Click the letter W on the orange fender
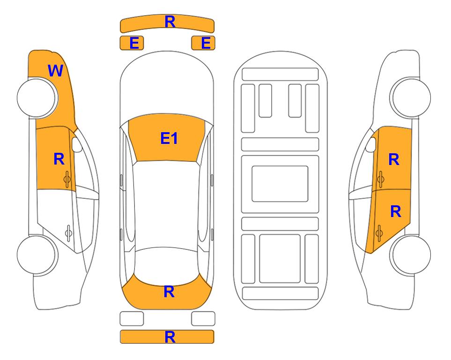[56, 71]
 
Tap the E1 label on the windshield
[169, 138]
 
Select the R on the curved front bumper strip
[170, 22]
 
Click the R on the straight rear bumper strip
[170, 337]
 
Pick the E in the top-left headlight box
[134, 43]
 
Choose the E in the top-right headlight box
[206, 43]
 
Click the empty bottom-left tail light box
[132, 319]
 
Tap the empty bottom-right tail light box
[203, 319]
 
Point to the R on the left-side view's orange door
[59, 159]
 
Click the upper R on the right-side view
[394, 159]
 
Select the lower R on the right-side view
[395, 212]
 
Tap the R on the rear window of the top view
[169, 292]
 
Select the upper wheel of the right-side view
[410, 97]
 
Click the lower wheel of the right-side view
[410, 255]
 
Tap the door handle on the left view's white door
[68, 232]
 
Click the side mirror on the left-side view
[77, 144]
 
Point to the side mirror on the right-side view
[371, 144]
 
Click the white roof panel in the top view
[166, 204]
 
